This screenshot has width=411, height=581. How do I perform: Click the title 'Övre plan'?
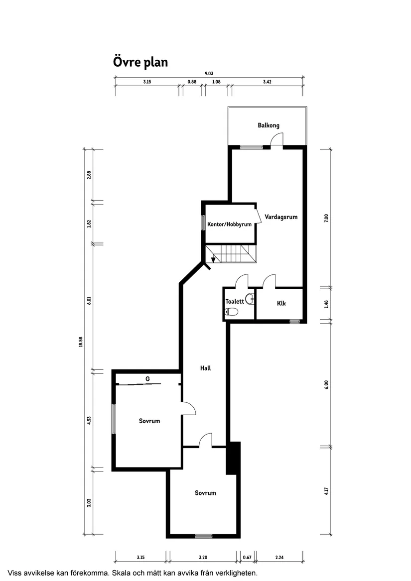(x=140, y=62)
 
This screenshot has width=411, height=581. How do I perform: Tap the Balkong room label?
(x=268, y=125)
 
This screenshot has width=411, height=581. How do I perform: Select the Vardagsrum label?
(x=281, y=217)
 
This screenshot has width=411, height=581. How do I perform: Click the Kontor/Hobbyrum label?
(x=229, y=225)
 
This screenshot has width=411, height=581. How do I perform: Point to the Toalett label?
(x=234, y=301)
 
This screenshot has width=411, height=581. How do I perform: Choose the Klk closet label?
(x=281, y=303)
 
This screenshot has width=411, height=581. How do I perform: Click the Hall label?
(x=205, y=368)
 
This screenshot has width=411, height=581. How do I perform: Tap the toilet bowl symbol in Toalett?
(x=232, y=312)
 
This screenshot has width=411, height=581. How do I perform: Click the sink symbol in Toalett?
(x=250, y=299)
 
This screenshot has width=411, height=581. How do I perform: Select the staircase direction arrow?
(x=214, y=258)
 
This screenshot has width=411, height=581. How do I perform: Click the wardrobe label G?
(x=147, y=379)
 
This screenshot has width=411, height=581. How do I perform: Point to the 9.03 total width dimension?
(x=209, y=74)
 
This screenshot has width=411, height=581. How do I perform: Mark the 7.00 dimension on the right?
(x=326, y=218)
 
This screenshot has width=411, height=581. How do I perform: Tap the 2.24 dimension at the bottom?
(x=279, y=557)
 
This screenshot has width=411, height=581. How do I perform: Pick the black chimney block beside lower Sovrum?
(x=233, y=458)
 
